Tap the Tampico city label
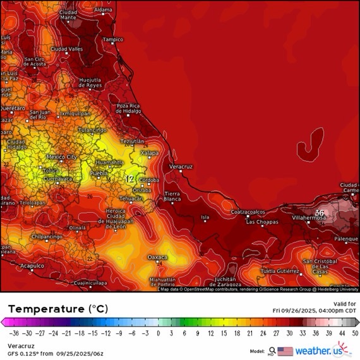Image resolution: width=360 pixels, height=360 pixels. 113,39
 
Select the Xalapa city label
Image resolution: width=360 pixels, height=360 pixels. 150,153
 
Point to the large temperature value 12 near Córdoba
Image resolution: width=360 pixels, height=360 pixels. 129,179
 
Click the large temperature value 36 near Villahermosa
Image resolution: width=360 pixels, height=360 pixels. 320,213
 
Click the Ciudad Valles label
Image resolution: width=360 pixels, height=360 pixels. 67,49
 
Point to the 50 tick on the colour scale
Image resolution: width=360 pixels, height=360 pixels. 354,333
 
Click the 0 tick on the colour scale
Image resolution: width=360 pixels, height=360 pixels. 159,333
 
